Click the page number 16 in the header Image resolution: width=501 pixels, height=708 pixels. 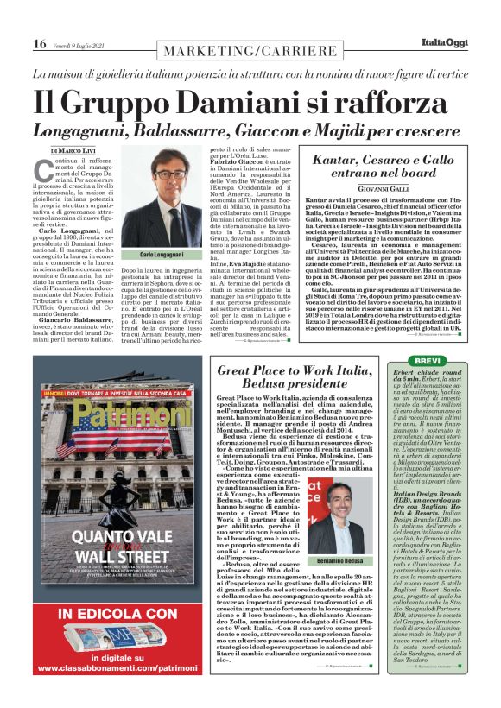[40, 43]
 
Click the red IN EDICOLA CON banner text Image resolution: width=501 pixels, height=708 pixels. [111, 615]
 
